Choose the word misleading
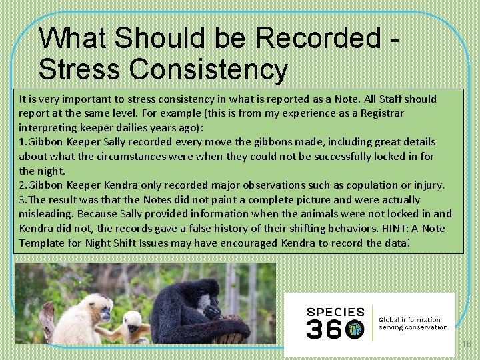45,214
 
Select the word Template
43,243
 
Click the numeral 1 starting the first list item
22,141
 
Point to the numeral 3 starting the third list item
22,199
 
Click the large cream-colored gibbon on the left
74,319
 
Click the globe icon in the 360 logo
354,328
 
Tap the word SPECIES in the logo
335,311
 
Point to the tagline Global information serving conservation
413,323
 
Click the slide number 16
466,342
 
